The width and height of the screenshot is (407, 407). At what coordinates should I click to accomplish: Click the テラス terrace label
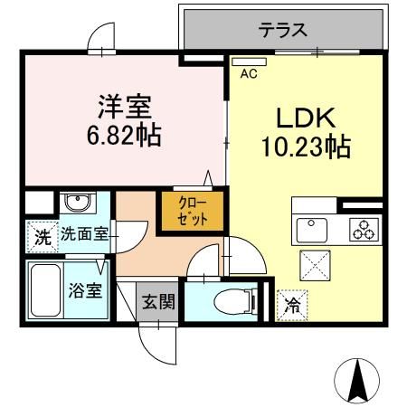[283, 30]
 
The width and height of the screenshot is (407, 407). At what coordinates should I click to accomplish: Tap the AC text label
[248, 75]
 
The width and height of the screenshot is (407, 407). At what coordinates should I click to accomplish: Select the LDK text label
[305, 118]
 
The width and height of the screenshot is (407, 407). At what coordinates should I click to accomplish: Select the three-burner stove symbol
[364, 228]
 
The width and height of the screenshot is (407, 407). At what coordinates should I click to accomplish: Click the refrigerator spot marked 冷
[291, 306]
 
